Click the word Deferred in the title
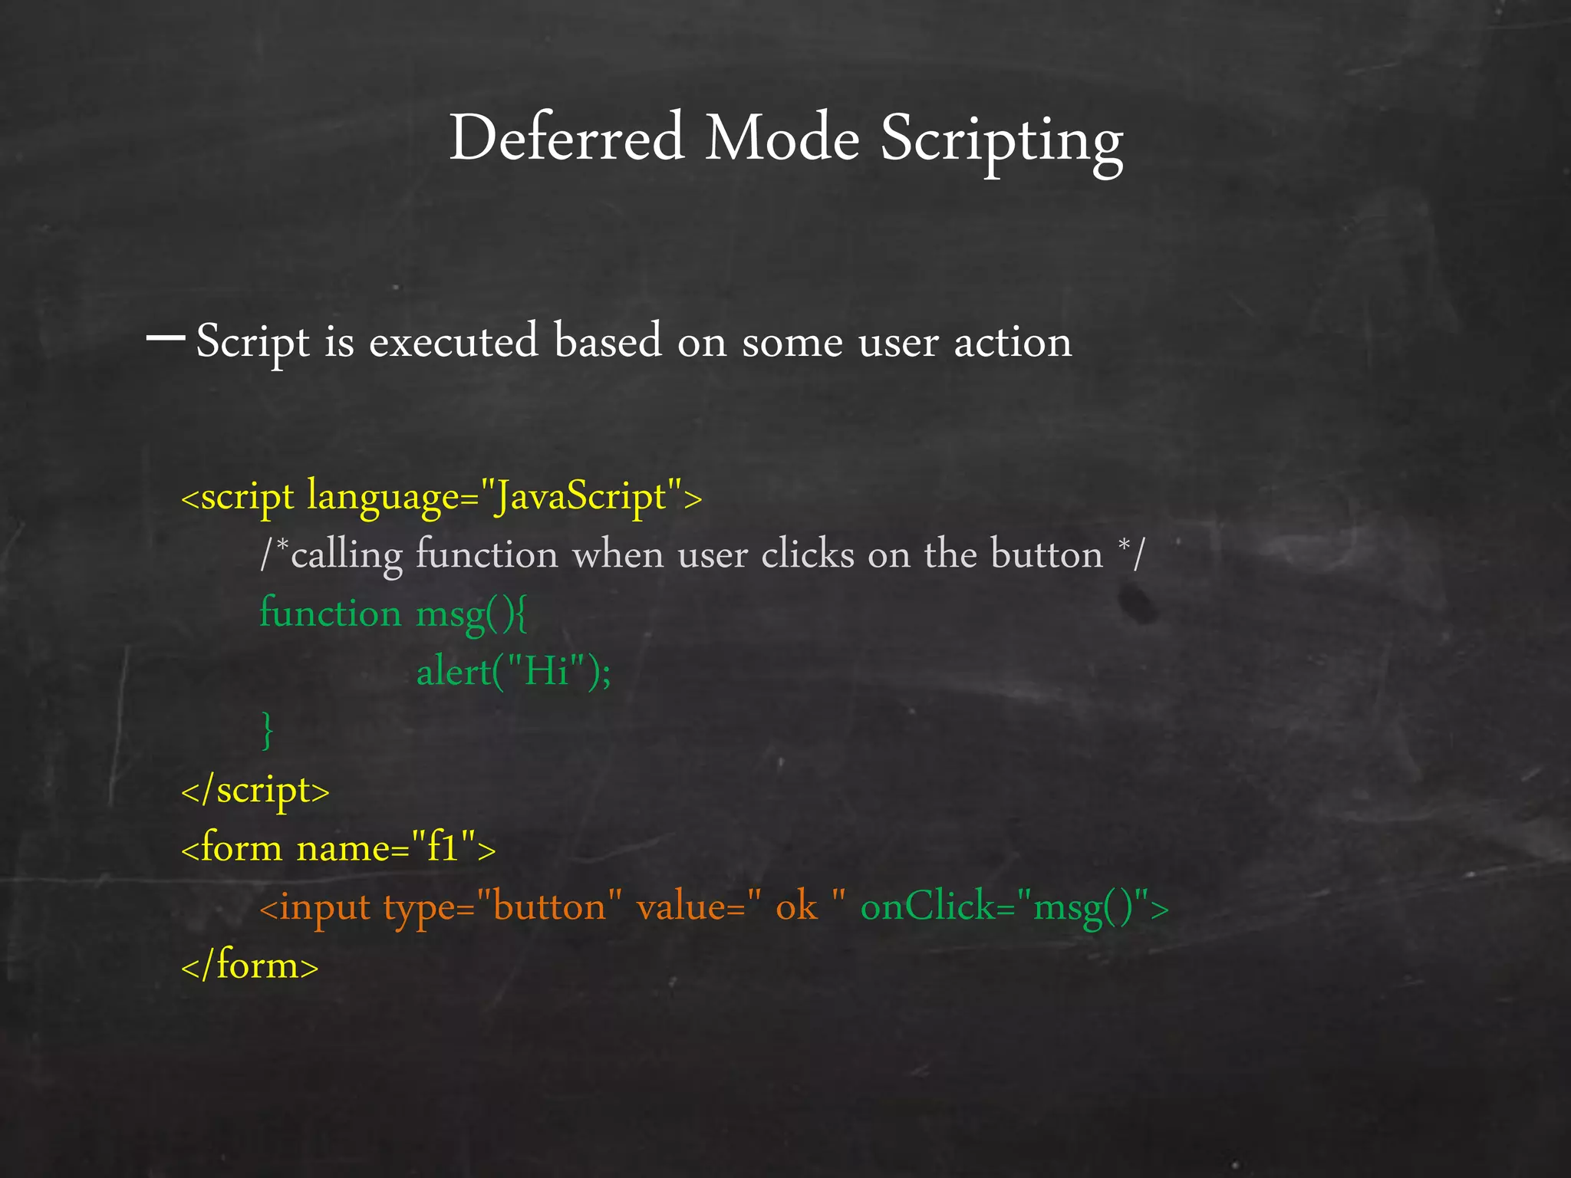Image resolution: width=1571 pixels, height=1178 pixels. click(x=566, y=138)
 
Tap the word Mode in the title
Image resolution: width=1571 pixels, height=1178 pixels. click(x=782, y=138)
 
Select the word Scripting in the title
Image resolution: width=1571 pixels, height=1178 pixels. click(x=1001, y=142)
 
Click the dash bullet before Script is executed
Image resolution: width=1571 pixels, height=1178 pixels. click(x=165, y=337)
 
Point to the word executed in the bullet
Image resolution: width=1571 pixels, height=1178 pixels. click(x=453, y=341)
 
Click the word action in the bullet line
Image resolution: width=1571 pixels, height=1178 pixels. click(x=1013, y=342)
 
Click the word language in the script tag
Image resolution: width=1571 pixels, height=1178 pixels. click(x=383, y=497)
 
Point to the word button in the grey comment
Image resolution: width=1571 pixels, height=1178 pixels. click(x=1046, y=554)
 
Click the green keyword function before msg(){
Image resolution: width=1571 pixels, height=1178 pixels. click(x=330, y=614)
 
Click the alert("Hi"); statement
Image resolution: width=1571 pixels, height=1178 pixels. click(x=513, y=673)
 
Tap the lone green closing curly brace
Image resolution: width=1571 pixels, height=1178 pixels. click(x=267, y=730)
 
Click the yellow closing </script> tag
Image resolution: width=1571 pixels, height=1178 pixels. click(x=255, y=790)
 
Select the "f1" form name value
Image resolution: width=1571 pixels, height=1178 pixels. click(x=443, y=848)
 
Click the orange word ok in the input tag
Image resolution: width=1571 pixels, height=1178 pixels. click(x=796, y=907)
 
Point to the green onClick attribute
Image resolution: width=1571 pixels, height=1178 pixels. click(x=927, y=907)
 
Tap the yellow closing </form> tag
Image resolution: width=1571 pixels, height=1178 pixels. click(x=249, y=966)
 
